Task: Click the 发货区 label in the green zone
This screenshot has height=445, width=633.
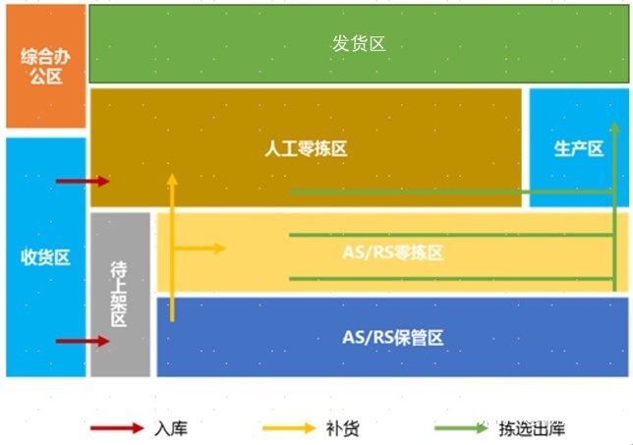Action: [x=358, y=44]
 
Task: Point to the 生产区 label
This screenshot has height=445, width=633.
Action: [x=578, y=148]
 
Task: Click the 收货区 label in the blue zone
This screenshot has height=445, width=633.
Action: [x=45, y=257]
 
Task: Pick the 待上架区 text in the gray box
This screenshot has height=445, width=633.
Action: [x=119, y=294]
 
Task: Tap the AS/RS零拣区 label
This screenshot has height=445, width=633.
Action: [x=393, y=252]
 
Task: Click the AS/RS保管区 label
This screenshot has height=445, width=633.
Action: [x=393, y=337]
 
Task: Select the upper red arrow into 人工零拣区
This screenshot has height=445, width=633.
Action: [x=83, y=181]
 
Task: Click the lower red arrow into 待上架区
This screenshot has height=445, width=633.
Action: [x=83, y=341]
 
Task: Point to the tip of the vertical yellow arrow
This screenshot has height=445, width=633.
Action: [x=172, y=179]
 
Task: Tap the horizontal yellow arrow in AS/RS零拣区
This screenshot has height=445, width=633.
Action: [x=201, y=248]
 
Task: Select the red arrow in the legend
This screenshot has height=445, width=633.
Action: [x=116, y=428]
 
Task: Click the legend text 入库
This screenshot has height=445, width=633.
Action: [x=172, y=429]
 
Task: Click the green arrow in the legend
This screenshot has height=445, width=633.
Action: [x=460, y=428]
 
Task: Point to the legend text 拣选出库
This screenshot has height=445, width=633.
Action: [x=532, y=429]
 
